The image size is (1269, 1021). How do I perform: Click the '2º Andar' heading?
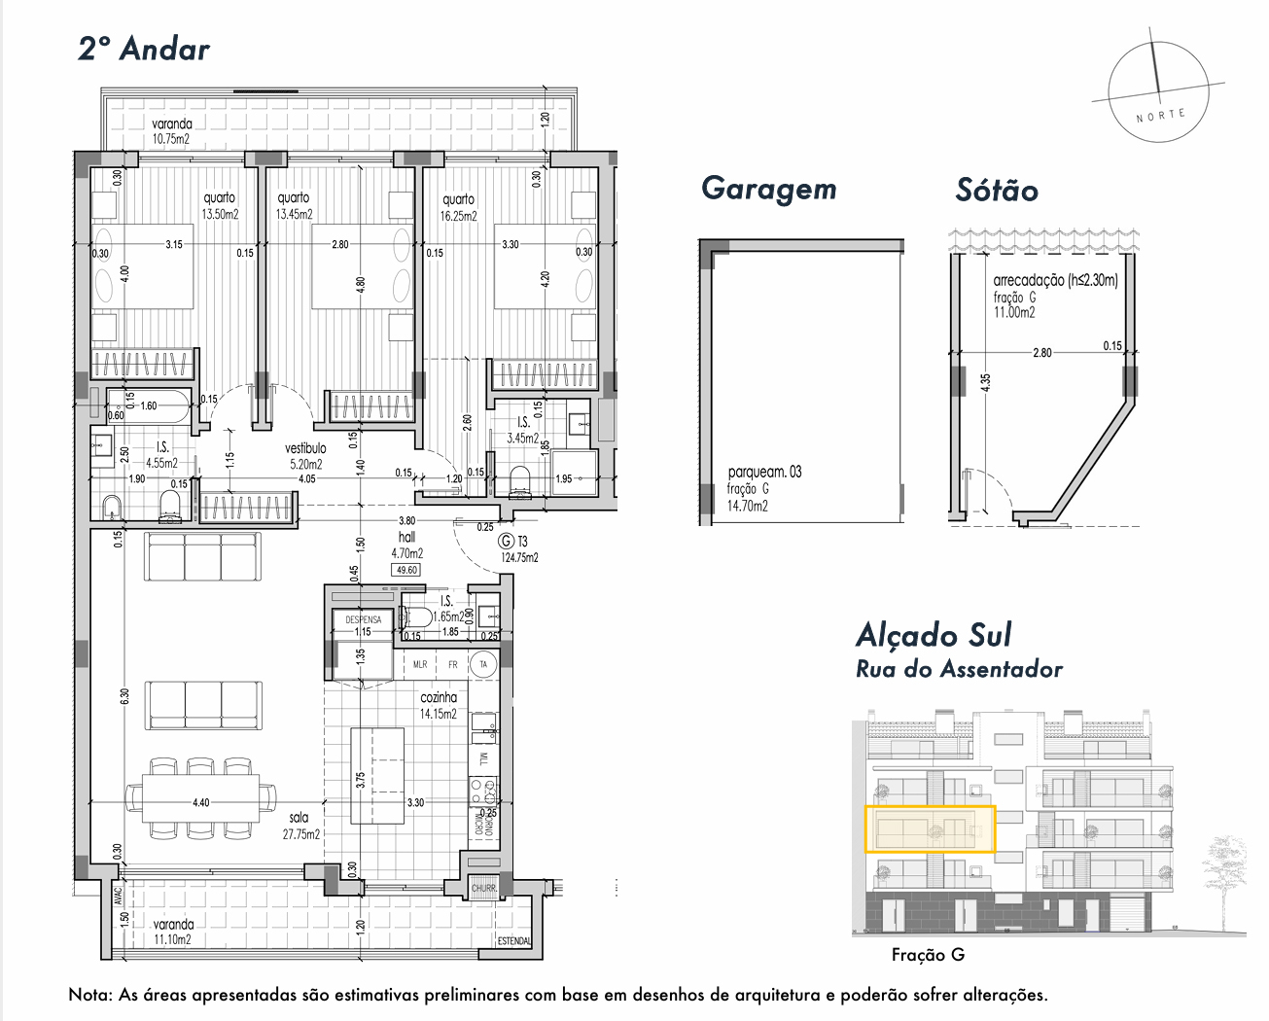click(144, 49)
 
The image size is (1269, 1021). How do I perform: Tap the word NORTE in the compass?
click(1161, 115)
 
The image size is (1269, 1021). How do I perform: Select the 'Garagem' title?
click(768, 189)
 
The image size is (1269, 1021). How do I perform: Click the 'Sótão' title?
click(997, 190)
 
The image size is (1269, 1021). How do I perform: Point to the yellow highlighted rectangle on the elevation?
click(931, 829)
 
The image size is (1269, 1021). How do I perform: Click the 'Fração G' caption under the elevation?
click(928, 955)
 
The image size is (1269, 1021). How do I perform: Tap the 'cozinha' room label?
click(439, 697)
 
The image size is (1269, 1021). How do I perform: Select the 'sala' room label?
click(299, 818)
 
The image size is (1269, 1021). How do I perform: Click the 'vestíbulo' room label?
click(305, 448)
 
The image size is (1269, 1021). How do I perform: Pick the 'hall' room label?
click(406, 537)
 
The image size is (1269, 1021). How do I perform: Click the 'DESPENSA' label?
click(364, 619)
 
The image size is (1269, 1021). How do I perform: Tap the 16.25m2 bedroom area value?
click(458, 216)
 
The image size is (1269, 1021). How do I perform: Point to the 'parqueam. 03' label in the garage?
click(764, 473)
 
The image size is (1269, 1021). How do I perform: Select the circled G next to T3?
click(505, 542)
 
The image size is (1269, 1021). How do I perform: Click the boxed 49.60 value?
click(406, 570)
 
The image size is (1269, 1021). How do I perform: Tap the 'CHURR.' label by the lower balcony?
click(483, 889)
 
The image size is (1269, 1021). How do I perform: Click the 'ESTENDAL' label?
click(514, 940)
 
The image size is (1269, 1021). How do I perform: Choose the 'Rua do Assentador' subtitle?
click(959, 669)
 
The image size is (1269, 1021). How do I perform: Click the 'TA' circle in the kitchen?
click(483, 665)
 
